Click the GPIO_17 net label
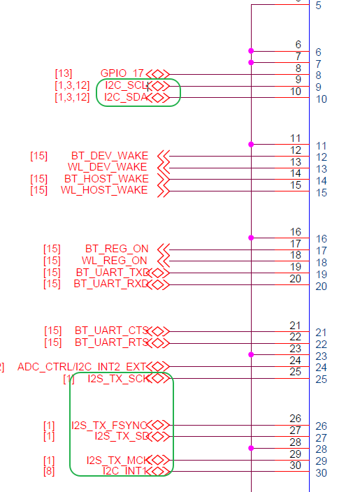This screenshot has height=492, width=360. pos(122,73)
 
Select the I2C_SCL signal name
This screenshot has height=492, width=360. pos(126,85)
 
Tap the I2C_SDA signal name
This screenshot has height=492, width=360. pos(126,97)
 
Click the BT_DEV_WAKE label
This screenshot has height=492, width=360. pos(110,155)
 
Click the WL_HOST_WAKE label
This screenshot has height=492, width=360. pos(104,190)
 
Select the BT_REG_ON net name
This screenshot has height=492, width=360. pos(117,249)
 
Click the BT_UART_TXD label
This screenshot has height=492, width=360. pos(113,273)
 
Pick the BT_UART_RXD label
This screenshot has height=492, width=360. pos(113,284)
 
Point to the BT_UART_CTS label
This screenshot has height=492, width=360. pos(112,331)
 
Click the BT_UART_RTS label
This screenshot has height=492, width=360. pos(112,342)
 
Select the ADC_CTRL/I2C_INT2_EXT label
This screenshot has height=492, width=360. pos(82,366)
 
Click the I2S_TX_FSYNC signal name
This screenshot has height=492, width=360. pos(109,425)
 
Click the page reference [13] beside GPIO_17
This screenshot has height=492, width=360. pos(63,73)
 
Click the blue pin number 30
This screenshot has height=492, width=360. pos(322,473)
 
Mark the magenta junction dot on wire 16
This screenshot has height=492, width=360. pos(251,238)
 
